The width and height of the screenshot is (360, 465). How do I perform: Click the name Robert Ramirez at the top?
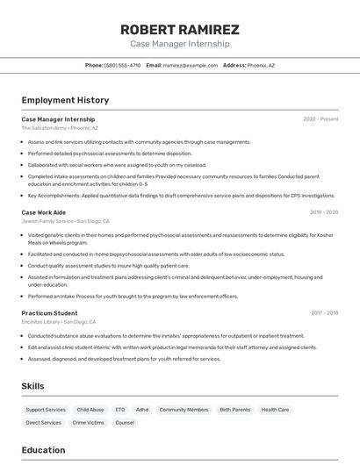(x=179, y=29)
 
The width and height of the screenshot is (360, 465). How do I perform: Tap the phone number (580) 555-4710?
(x=122, y=65)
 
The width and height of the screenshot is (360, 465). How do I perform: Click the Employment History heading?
(x=65, y=100)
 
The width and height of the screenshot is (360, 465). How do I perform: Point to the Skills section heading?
(x=33, y=386)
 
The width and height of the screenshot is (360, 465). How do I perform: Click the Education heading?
(x=43, y=450)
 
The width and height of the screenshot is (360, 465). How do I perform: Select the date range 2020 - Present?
(x=320, y=119)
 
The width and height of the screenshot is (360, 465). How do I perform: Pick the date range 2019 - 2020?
(x=323, y=212)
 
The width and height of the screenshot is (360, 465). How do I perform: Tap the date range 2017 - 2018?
(x=324, y=313)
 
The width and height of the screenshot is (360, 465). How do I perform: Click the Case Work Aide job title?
(x=43, y=212)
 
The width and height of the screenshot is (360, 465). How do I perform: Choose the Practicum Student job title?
(x=49, y=313)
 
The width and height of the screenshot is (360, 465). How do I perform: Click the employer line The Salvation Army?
(x=60, y=128)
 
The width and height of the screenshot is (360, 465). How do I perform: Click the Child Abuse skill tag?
(x=90, y=410)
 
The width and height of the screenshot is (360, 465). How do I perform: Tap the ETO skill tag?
(x=119, y=410)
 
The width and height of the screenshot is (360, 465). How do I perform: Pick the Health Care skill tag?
(x=275, y=410)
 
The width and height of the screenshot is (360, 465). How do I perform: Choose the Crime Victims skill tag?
(x=88, y=423)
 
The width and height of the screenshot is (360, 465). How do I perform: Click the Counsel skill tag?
(x=125, y=423)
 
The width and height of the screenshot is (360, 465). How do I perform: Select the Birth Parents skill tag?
(x=234, y=410)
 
